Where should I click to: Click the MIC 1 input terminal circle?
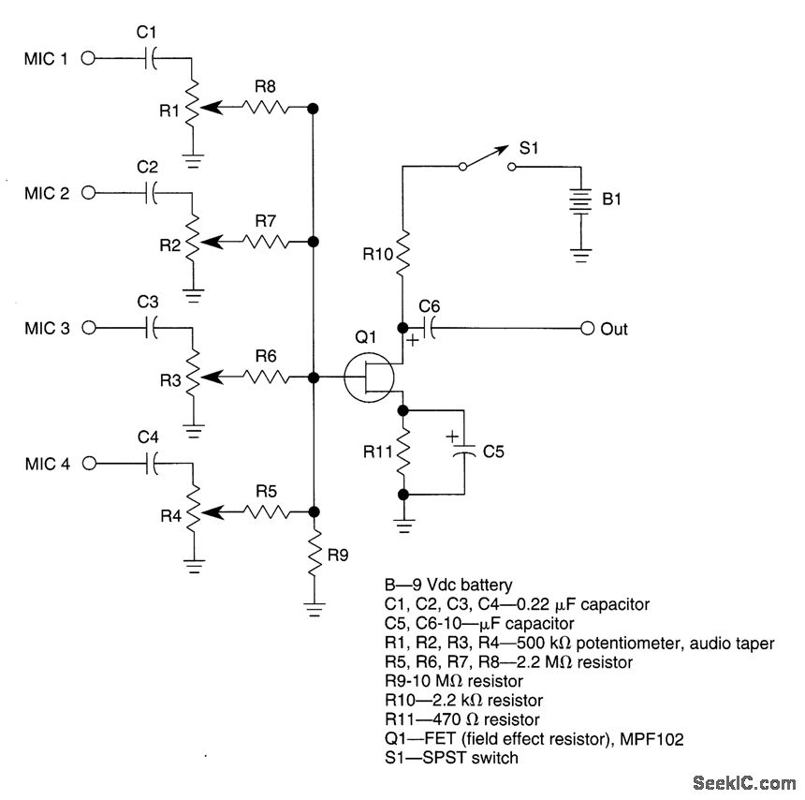click(89, 58)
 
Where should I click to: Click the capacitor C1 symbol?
click(151, 58)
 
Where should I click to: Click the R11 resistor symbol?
click(403, 452)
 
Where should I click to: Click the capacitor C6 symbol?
click(430, 329)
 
